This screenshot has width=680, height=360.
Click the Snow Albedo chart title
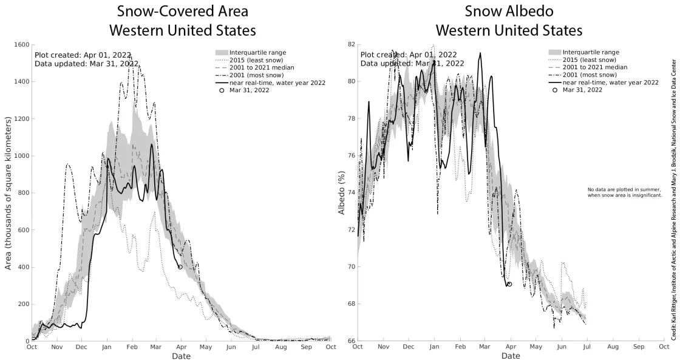click(509, 21)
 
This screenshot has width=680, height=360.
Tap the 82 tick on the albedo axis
click(350, 45)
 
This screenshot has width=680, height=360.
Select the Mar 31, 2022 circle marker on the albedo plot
click(509, 284)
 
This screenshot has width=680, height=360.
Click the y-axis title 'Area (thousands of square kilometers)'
click(8, 192)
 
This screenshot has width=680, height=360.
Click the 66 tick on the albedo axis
click(350, 341)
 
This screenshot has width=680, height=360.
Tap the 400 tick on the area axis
click(22, 267)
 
